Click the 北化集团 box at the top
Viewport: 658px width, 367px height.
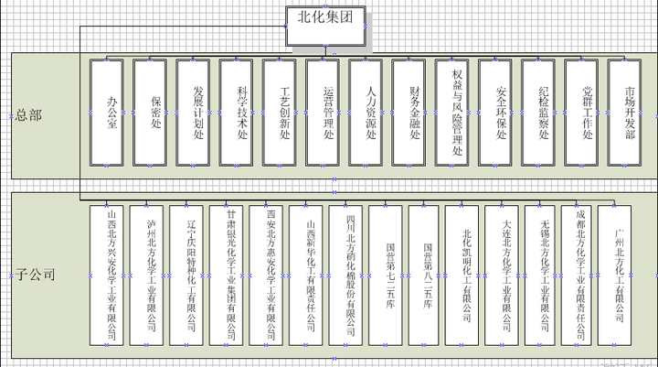coord(325,16)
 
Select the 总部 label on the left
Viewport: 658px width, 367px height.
coord(29,115)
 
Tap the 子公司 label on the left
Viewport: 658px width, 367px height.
coord(35,274)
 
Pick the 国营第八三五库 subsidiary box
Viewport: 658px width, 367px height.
coord(427,275)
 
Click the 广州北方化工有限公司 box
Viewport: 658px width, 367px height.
coord(618,275)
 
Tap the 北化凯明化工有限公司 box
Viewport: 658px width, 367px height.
coord(466,275)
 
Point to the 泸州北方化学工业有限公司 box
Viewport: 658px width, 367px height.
coord(150,275)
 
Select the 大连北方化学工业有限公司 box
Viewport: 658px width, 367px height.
coord(505,275)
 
